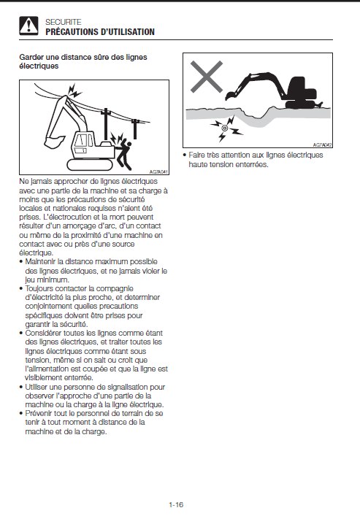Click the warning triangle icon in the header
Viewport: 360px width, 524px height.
[x=28, y=26]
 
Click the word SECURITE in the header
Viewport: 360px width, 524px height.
[x=64, y=22]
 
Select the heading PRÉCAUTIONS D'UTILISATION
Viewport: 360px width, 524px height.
[x=100, y=32]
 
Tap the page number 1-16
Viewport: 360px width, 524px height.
[x=176, y=504]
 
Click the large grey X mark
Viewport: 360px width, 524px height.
[x=207, y=77]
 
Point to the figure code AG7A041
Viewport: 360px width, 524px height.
[x=158, y=172]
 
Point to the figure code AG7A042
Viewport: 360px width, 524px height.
[x=322, y=145]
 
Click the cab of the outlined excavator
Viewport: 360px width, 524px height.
[x=83, y=143]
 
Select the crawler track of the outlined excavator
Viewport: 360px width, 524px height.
[x=90, y=164]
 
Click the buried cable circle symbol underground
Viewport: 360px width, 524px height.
[x=225, y=128]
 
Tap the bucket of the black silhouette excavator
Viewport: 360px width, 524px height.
[x=230, y=95]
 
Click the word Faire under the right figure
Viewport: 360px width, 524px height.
[x=196, y=155]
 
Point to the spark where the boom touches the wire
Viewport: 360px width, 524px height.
[x=74, y=90]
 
